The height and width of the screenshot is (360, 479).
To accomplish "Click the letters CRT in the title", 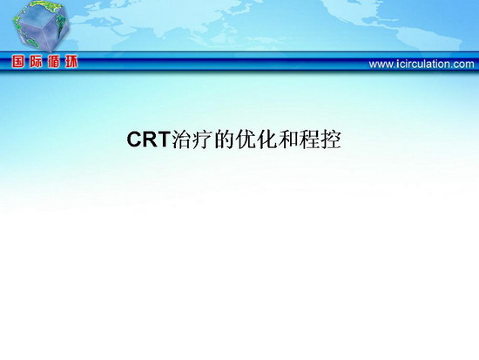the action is (148, 139).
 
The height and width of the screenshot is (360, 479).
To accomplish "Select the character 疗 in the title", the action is (203, 139).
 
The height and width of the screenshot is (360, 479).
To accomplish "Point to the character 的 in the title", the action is (225, 139).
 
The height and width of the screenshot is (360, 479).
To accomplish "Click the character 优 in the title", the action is (246, 139).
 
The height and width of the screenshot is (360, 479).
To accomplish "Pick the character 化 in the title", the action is (267, 139).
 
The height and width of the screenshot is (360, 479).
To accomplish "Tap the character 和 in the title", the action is (288, 139).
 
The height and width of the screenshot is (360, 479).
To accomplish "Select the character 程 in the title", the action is (309, 139).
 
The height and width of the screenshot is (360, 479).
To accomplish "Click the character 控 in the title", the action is (331, 139).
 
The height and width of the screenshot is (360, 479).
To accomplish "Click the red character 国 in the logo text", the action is (18, 62).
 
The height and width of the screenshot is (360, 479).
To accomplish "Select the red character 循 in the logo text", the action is (53, 62).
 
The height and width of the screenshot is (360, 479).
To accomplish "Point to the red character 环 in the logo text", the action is (71, 62).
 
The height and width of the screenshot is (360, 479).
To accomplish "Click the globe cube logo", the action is (41, 26).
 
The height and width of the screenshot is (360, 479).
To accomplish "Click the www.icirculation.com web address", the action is (422, 65).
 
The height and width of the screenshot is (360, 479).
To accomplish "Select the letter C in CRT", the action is (134, 139).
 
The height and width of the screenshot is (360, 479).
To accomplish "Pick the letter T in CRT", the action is (163, 139).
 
